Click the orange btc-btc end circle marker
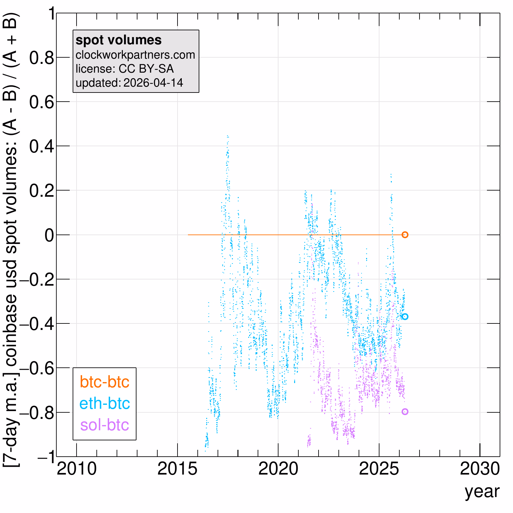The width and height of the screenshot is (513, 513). (405, 235)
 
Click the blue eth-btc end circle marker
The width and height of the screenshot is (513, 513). (405, 317)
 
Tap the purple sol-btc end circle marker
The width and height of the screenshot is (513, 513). (405, 412)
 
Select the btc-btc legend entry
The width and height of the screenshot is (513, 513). (105, 382)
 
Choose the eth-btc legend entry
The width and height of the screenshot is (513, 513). (105, 403)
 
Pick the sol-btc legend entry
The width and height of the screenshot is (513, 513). (105, 425)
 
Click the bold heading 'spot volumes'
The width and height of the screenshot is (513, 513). (119, 40)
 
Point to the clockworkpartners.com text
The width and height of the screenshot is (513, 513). (135, 55)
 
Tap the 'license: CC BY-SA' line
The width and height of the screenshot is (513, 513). (124, 69)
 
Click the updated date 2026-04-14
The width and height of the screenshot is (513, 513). (153, 83)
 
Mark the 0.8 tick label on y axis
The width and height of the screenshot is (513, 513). (41, 58)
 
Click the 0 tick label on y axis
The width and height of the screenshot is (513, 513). (49, 235)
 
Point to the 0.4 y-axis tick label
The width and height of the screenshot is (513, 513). (41, 147)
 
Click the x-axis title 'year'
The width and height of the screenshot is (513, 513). (482, 492)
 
